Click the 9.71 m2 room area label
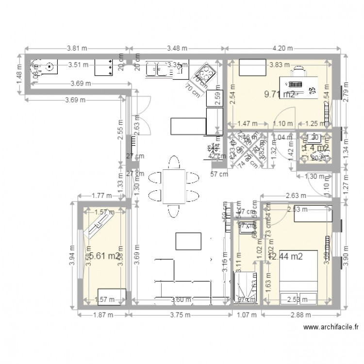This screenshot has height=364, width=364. pyautogui.click(x=279, y=95)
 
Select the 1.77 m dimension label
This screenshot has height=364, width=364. pyautogui.click(x=102, y=196)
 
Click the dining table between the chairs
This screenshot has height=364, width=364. pyautogui.click(x=173, y=186)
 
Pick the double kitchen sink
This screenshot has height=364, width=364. pyautogui.click(x=158, y=69)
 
